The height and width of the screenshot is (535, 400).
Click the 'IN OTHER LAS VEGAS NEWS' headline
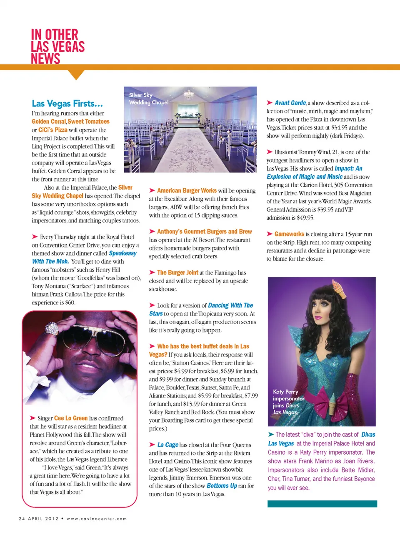[x=57, y=46]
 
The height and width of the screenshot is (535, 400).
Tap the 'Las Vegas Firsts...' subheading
[x=67, y=103]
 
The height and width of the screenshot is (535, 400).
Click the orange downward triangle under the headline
[x=76, y=74]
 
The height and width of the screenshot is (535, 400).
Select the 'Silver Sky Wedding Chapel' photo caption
[x=148, y=99]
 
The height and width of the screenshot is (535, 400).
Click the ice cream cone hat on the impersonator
[x=340, y=290]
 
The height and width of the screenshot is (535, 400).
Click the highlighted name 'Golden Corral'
[x=49, y=122]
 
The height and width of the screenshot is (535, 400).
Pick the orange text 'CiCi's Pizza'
[x=52, y=130]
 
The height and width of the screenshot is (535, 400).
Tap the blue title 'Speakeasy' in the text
[x=122, y=253]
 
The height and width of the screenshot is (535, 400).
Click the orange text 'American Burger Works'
[x=187, y=190]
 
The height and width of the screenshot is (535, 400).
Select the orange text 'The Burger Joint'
[x=177, y=272]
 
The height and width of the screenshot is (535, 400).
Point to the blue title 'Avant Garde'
[x=290, y=102]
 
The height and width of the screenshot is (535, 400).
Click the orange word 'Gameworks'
[x=289, y=234]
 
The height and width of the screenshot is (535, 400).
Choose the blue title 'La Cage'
[x=167, y=445]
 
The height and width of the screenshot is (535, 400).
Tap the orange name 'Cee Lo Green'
[x=71, y=418]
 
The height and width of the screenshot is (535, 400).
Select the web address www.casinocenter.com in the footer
[x=97, y=519]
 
